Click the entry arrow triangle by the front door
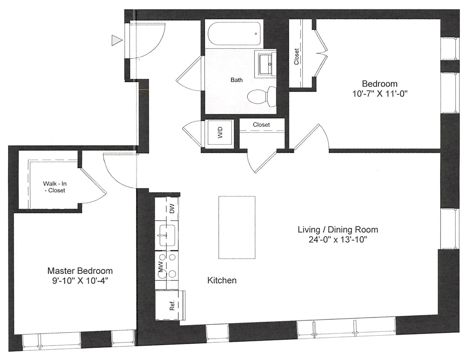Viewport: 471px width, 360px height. (116, 40)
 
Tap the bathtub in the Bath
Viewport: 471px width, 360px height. (234, 34)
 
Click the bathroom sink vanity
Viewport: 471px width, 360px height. (266, 64)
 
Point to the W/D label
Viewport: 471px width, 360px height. (221, 133)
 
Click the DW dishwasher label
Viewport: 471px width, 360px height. (172, 209)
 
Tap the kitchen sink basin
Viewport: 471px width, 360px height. (167, 235)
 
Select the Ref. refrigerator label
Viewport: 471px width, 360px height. (172, 305)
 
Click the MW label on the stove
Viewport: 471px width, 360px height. (161, 267)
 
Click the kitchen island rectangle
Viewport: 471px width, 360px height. (237, 227)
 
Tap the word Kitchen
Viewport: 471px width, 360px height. (222, 280)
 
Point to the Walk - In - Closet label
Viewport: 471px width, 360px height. (55, 187)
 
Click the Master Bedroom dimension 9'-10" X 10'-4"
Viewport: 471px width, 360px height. (80, 281)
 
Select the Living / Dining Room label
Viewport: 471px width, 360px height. (338, 230)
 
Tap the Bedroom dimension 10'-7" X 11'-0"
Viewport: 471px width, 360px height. (380, 94)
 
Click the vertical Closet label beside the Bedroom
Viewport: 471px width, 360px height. (297, 56)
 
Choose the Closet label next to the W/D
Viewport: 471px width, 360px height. (261, 125)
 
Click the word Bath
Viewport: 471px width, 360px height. (236, 80)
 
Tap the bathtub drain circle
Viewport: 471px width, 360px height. (256, 34)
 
